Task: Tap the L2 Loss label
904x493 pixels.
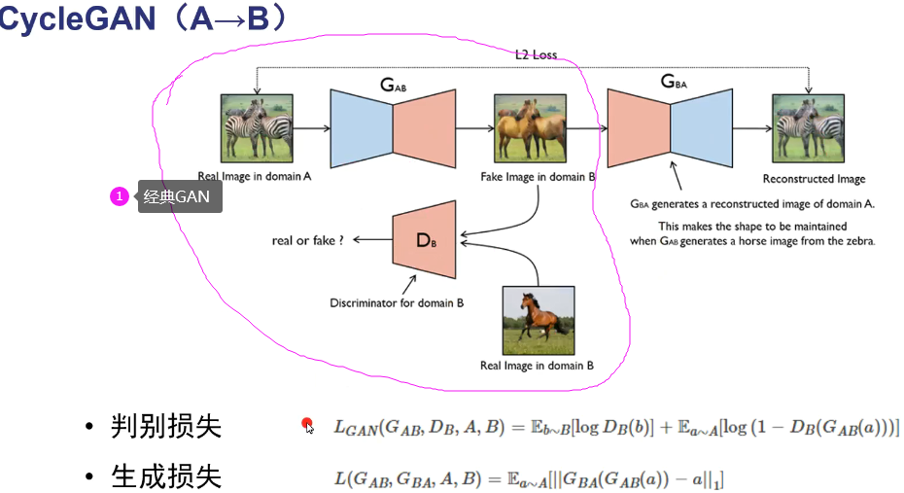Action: click(536, 55)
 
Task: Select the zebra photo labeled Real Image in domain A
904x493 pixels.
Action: click(258, 127)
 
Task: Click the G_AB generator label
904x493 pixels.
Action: click(394, 86)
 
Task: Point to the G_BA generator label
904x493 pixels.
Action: click(674, 83)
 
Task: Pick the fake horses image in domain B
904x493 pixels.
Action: click(530, 127)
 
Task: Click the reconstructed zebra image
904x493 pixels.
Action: click(808, 127)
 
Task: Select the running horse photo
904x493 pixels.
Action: click(538, 319)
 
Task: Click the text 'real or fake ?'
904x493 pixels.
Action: click(308, 240)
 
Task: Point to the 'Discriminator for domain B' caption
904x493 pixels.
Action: click(398, 302)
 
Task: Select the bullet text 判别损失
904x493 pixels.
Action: click(166, 426)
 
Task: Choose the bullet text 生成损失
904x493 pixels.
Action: click(166, 476)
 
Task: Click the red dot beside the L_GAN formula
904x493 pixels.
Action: click(307, 424)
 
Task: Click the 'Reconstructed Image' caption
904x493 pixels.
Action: click(814, 179)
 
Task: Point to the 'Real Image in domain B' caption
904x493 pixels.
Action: click(537, 366)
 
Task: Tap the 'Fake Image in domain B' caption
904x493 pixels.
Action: click(538, 178)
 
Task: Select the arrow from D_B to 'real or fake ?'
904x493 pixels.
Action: click(371, 240)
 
